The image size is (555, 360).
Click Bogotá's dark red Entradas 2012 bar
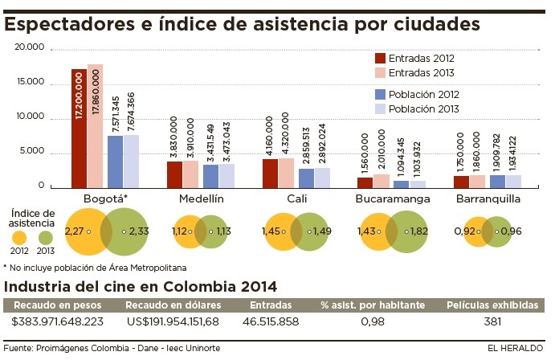78,129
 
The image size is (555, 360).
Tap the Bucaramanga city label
394,198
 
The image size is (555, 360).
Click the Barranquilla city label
488,198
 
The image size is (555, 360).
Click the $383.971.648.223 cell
58,322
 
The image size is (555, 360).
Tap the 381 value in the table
492,322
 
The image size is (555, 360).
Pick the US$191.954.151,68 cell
173,322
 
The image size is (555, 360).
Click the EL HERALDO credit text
515,348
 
